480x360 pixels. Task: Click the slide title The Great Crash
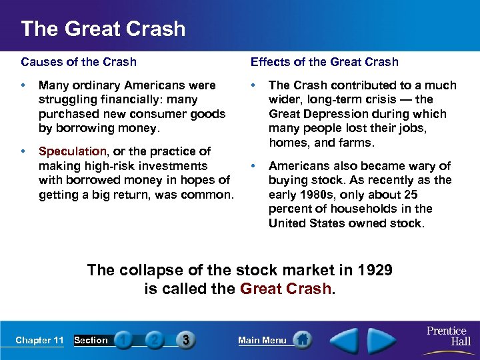[103, 29]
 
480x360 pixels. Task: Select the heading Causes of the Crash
[79, 62]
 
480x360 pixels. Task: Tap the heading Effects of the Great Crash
[325, 62]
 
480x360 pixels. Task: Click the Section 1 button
[123, 340]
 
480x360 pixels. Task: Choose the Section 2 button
[154, 340]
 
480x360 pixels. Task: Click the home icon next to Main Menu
[303, 340]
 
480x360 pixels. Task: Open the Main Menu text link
[262, 341]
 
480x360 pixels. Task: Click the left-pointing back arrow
[345, 340]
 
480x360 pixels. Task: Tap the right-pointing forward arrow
[382, 340]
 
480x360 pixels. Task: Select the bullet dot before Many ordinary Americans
[23, 85]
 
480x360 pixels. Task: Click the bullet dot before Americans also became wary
[253, 166]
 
